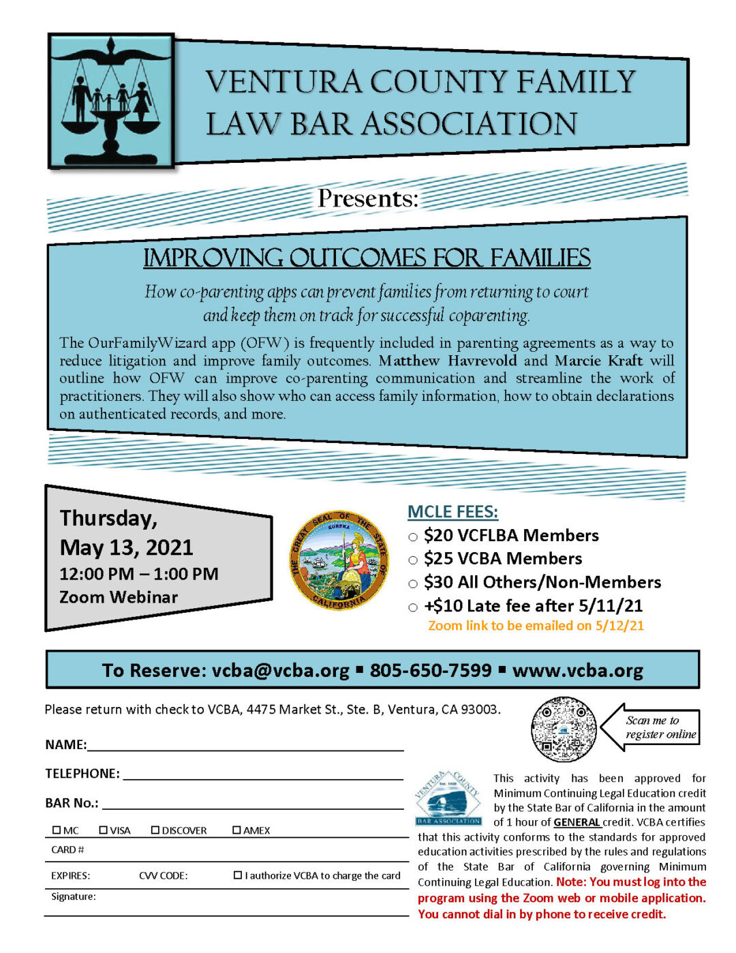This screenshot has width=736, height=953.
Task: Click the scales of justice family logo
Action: pos(111,101)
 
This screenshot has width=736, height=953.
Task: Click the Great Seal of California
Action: pos(339,560)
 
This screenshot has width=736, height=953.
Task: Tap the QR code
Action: pos(564,729)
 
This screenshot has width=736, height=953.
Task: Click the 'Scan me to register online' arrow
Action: pos(651,727)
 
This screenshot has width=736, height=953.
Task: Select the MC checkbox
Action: pos(57,830)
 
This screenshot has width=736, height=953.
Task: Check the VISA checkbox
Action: pos(104,830)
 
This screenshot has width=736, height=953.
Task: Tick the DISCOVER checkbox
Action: pos(155,830)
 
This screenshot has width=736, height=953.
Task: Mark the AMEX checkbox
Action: pos(236,830)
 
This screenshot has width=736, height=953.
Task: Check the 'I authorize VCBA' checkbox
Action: pos(238,875)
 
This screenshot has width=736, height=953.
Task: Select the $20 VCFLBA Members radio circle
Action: pos(413,537)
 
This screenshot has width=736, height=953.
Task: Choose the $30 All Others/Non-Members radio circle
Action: pos(413,584)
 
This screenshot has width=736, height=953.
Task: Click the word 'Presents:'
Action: pos(368,198)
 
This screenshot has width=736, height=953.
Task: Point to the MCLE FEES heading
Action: pos(453,512)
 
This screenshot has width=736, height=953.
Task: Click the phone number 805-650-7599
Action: pos(431,670)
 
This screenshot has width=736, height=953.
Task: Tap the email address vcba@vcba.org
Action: pos(280,670)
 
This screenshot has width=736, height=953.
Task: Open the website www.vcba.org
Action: pos(577,670)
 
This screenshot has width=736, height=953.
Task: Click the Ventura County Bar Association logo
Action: pos(448,798)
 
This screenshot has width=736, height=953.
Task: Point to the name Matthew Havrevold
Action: pos(448,361)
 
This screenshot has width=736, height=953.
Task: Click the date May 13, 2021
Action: pos(127,547)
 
